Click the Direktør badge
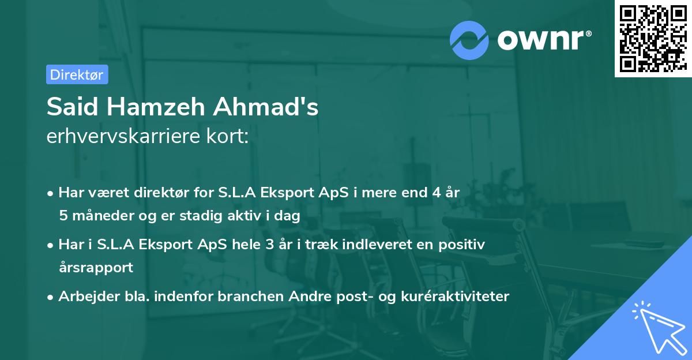(77, 74)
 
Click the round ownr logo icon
(469, 40)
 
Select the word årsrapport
(96, 268)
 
